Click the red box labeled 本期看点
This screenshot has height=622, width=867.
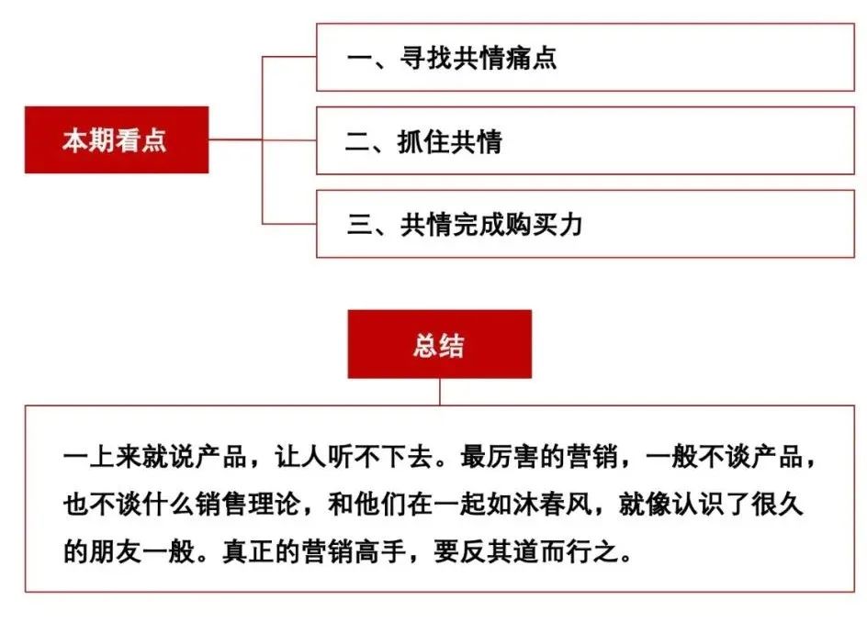click(117, 139)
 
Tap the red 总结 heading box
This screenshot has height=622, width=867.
click(440, 344)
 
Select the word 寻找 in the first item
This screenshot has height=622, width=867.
click(426, 58)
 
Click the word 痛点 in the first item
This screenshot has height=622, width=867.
click(530, 58)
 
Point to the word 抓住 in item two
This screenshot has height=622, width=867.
click(423, 141)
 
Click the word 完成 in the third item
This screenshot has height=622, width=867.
click(479, 225)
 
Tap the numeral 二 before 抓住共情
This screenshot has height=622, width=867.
click(358, 142)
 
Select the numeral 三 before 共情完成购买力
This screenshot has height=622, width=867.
click(360, 225)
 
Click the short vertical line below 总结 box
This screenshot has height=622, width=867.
click(440, 392)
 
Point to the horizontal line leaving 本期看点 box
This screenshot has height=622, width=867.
click(235, 139)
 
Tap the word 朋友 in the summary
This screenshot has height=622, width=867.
click(117, 551)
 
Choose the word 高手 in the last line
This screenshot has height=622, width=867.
click(381, 551)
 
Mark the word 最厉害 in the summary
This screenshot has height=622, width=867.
click(501, 458)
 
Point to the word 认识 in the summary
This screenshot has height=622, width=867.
click(698, 505)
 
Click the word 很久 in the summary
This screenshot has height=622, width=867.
click(777, 505)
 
